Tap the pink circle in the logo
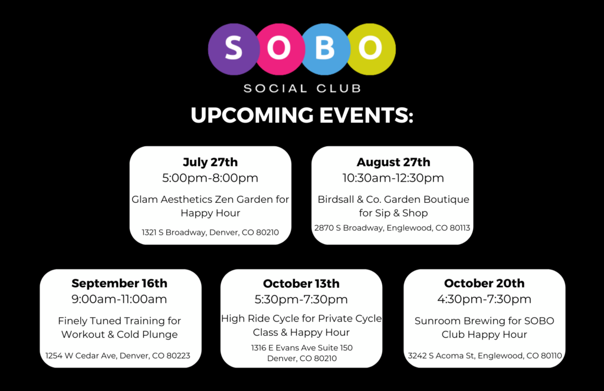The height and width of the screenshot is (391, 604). pos(279,50)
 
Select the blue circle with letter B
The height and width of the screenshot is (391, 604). pos(326,50)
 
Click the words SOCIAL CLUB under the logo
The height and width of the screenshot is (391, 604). pos(303,88)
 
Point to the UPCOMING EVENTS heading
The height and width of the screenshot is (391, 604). pos(302,115)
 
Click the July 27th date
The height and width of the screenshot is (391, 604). pos(211,162)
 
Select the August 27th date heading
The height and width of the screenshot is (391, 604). pos(393,162)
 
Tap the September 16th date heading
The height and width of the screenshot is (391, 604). pos(119,283)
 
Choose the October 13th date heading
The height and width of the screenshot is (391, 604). pos(301,284)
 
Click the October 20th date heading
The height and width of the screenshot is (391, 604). pos(484,283)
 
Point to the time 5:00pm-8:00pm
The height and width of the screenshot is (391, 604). pos(211,178)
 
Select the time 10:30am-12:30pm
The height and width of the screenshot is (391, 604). pos(393,178)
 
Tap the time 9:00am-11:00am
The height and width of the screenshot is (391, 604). pos(119,299)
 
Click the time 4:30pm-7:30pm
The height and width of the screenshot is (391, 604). pos(484,299)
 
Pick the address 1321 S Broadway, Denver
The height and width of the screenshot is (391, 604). pos(211,232)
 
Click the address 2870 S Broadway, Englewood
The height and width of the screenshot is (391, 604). pos(392,228)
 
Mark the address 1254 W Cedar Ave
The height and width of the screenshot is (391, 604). pos(118,356)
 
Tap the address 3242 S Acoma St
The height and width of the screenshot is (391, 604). pos(485,356)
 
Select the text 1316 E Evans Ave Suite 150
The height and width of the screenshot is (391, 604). pos(302,347)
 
